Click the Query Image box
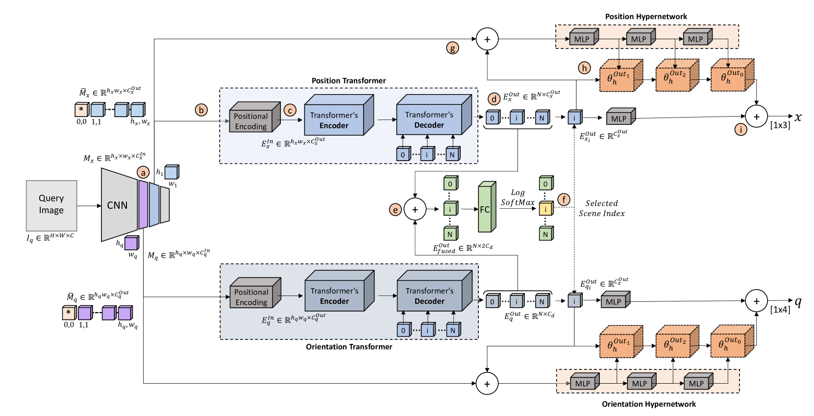pyautogui.click(x=51, y=205)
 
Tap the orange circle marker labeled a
pyautogui.click(x=143, y=172)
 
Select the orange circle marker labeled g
pyautogui.click(x=452, y=48)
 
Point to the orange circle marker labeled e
pyautogui.click(x=395, y=210)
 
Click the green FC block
pyautogui.click(x=485, y=209)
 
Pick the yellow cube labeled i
pyautogui.click(x=545, y=209)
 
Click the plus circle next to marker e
pyautogui.click(x=415, y=210)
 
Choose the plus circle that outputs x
pyautogui.click(x=756, y=117)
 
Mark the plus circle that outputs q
pyautogui.click(x=756, y=301)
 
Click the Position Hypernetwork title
pyautogui.click(x=646, y=17)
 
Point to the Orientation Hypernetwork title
pyautogui.click(x=649, y=404)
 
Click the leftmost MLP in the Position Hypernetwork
pyautogui.click(x=582, y=39)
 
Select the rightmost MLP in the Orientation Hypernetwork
pyautogui.click(x=696, y=383)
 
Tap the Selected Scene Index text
pyautogui.click(x=602, y=208)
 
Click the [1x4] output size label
pyautogui.click(x=780, y=310)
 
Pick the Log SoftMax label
pyautogui.click(x=518, y=197)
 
